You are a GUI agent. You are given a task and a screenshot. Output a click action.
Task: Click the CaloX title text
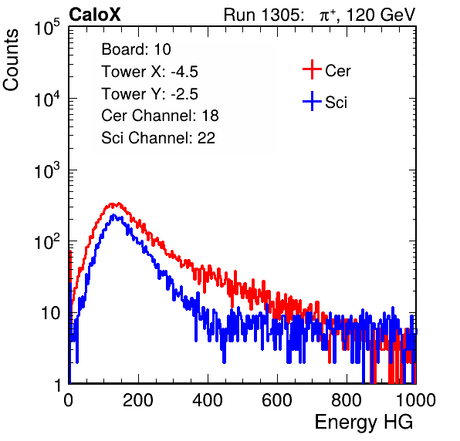(94, 15)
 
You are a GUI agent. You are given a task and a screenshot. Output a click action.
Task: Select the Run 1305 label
(263, 15)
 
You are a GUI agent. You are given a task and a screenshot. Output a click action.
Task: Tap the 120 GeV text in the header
(381, 15)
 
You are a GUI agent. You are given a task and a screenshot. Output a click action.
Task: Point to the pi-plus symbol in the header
(328, 15)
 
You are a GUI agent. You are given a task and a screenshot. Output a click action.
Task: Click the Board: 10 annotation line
(136, 49)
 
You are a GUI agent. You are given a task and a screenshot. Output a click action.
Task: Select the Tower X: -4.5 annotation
(150, 71)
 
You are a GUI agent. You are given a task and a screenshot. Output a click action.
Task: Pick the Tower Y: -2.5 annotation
(150, 93)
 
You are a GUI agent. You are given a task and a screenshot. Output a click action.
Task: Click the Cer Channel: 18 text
(160, 116)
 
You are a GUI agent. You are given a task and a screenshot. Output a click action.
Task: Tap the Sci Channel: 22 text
(158, 138)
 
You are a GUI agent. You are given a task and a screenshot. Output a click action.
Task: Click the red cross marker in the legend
(312, 69)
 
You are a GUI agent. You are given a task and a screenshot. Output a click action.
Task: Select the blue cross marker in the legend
(312, 101)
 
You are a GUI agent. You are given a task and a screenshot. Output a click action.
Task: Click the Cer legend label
(337, 71)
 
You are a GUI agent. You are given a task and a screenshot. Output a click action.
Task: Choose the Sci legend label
(336, 103)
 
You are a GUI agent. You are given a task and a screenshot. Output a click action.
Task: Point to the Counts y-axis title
(11, 60)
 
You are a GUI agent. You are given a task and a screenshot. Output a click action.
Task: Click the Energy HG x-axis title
(364, 422)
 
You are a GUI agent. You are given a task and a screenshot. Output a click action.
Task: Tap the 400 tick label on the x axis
(208, 399)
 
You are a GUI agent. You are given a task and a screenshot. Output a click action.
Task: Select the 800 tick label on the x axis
(347, 399)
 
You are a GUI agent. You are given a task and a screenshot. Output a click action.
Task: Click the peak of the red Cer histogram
(118, 203)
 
